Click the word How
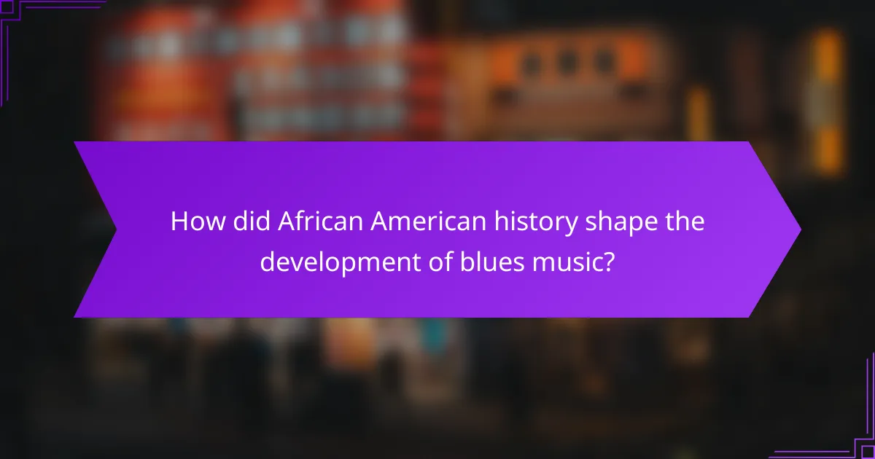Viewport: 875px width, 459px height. (192, 222)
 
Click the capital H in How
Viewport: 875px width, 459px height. (179, 222)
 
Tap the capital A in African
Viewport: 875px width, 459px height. (286, 222)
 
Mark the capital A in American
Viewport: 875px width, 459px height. (378, 222)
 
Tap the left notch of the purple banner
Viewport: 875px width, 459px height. (114, 229)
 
